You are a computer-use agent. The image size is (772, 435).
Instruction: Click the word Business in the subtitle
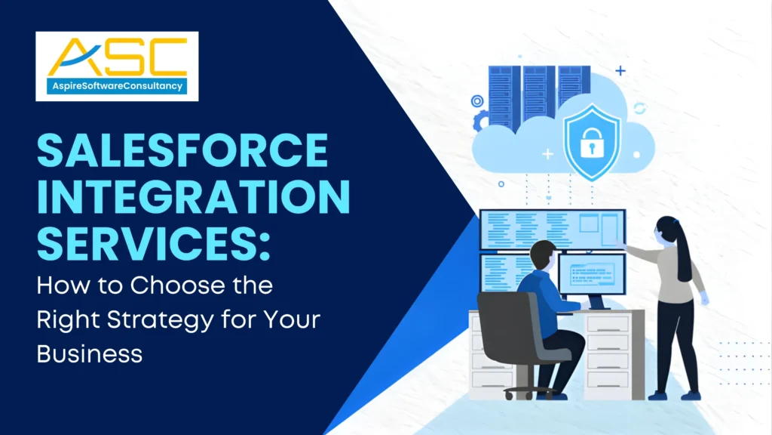click(x=90, y=353)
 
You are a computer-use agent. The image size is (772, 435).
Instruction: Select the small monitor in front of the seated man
click(x=592, y=273)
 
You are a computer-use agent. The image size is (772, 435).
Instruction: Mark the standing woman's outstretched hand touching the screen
click(x=623, y=243)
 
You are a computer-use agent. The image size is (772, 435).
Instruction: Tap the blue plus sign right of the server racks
click(x=620, y=71)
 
